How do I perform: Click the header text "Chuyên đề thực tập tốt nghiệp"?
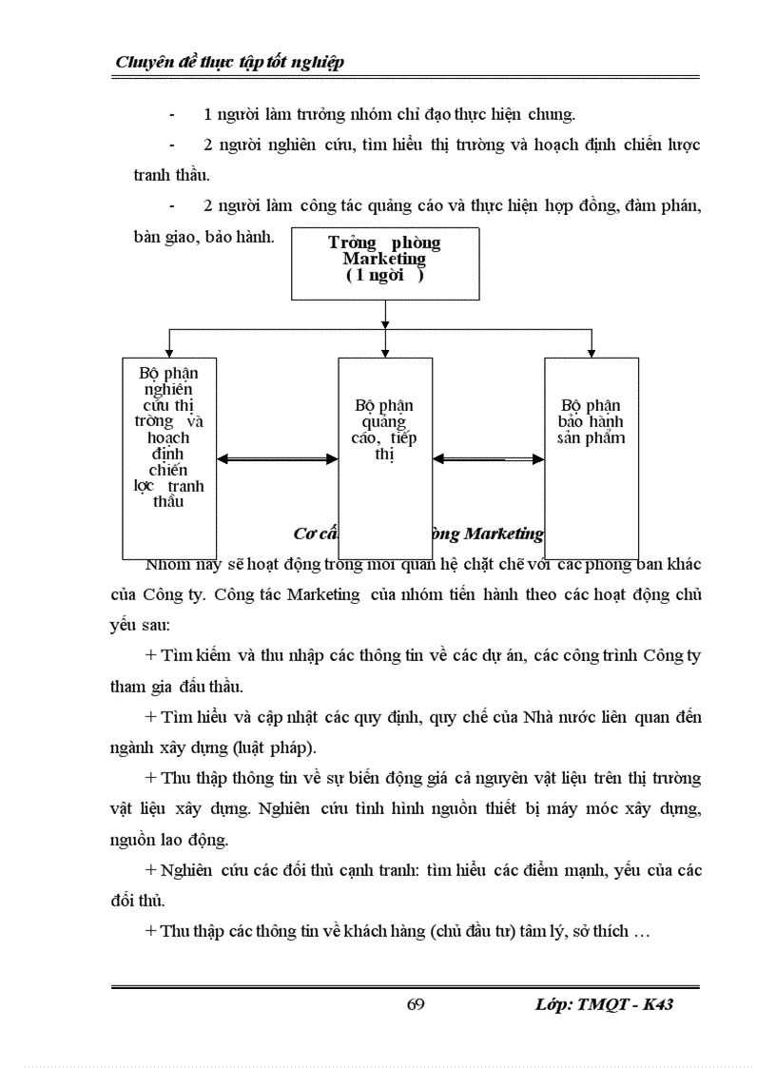pyautogui.click(x=229, y=63)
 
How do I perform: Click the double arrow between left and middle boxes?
pyautogui.click(x=278, y=459)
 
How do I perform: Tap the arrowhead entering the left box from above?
pyautogui.click(x=169, y=351)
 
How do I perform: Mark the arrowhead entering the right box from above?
pyautogui.click(x=591, y=351)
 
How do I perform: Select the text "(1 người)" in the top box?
pyautogui.click(x=384, y=276)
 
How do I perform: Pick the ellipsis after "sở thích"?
pyautogui.click(x=641, y=931)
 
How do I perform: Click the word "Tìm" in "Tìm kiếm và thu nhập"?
pyautogui.click(x=177, y=657)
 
